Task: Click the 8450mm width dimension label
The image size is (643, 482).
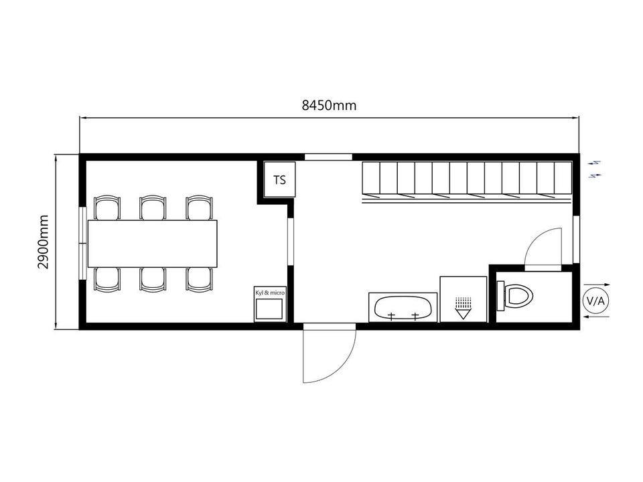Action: (330, 105)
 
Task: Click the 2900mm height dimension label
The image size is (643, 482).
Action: (43, 242)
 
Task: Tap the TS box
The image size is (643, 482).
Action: (279, 179)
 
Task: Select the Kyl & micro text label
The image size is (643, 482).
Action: (270, 293)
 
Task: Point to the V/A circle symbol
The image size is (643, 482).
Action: (596, 301)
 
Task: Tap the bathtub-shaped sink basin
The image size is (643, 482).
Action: (403, 308)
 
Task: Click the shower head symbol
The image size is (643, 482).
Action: (463, 307)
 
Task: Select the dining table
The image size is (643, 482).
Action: (152, 244)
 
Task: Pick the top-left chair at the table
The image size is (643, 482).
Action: (107, 208)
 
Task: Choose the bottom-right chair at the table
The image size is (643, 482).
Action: (200, 280)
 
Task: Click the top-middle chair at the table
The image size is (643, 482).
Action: (153, 208)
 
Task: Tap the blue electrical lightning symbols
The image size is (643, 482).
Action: (595, 169)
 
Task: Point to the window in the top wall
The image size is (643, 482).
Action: (328, 157)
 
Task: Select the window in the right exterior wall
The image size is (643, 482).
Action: (576, 239)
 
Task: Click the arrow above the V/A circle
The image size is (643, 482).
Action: (597, 285)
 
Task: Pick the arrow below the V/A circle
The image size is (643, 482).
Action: (596, 317)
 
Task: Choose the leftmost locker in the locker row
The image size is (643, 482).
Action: (371, 177)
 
